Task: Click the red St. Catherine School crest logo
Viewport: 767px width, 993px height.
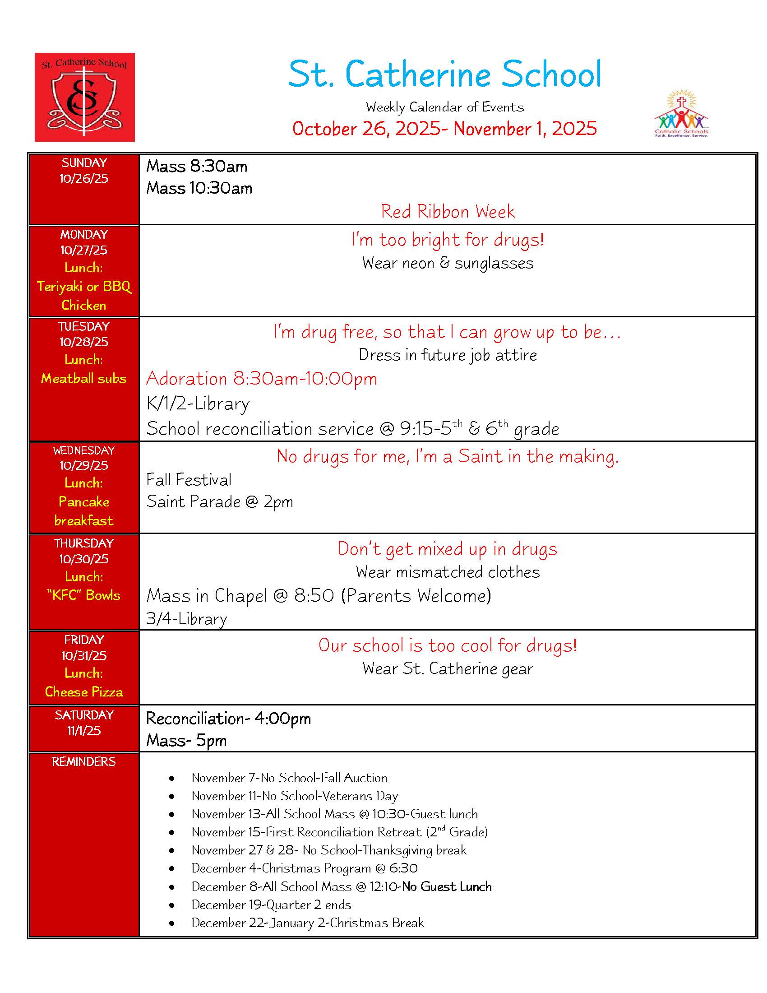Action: pyautogui.click(x=84, y=97)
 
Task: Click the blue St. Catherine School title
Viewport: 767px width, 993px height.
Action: pyautogui.click(x=444, y=74)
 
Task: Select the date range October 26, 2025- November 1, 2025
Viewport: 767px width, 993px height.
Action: pyautogui.click(x=444, y=129)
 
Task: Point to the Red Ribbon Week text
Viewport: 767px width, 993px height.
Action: pyautogui.click(x=448, y=211)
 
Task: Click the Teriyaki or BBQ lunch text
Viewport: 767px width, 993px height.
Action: pyautogui.click(x=84, y=287)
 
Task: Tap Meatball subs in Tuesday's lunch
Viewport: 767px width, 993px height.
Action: pyautogui.click(x=84, y=378)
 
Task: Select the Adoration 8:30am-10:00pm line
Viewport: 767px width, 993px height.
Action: pyautogui.click(x=262, y=379)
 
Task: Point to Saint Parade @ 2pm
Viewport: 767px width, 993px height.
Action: pyautogui.click(x=219, y=501)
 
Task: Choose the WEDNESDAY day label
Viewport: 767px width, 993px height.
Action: pyautogui.click(x=84, y=450)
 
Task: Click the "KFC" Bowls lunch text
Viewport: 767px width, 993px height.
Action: pyautogui.click(x=84, y=595)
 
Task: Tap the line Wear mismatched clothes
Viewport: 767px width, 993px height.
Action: pyautogui.click(x=448, y=572)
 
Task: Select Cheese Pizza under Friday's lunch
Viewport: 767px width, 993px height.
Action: pyautogui.click(x=84, y=691)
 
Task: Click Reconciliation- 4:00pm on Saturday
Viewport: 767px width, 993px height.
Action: pyautogui.click(x=229, y=719)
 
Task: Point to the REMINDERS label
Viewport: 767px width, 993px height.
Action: pyautogui.click(x=84, y=761)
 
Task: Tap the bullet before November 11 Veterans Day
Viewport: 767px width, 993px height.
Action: pyautogui.click(x=172, y=796)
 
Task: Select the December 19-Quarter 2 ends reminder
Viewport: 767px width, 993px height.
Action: pyautogui.click(x=271, y=905)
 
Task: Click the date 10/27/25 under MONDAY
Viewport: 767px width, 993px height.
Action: pyautogui.click(x=84, y=250)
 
